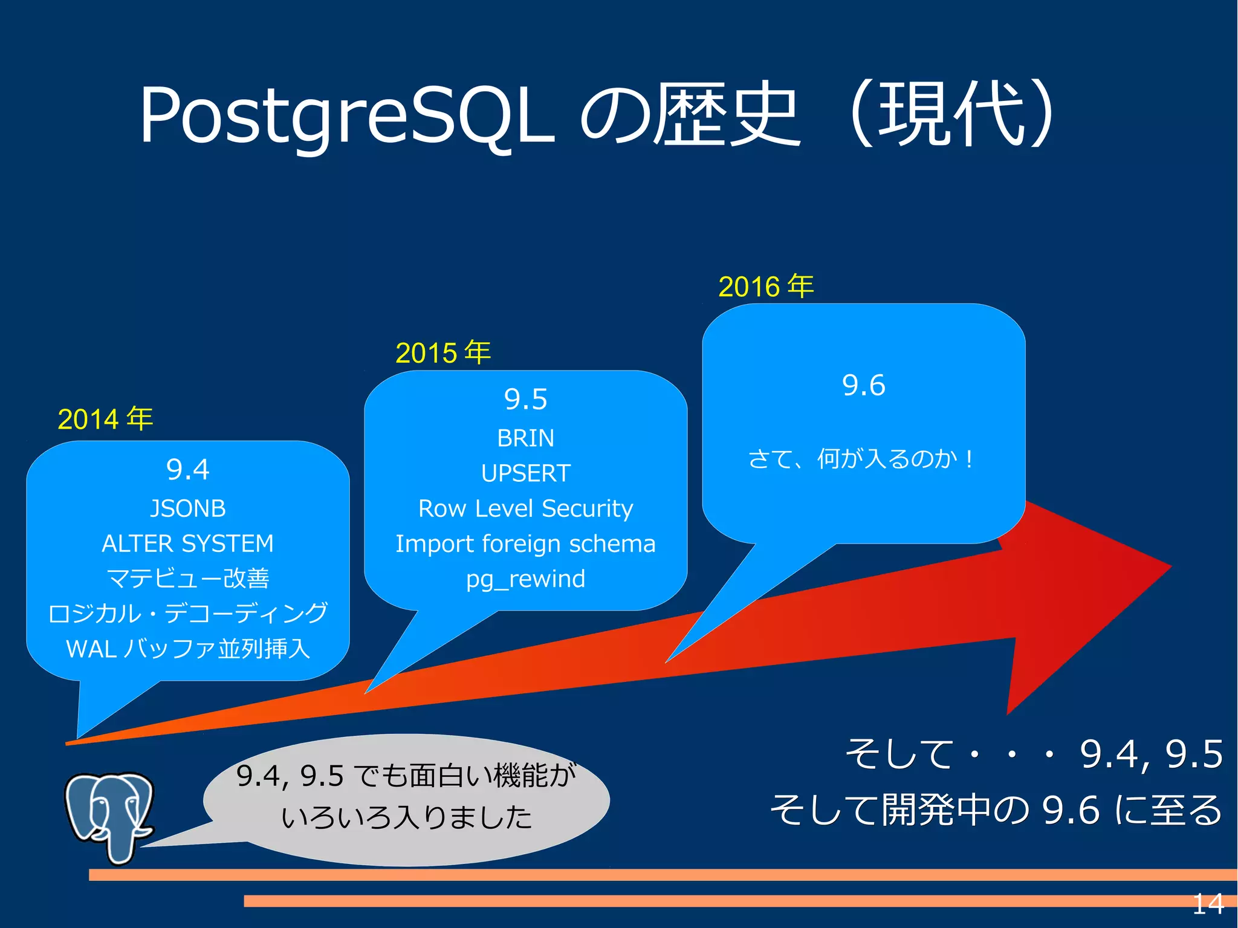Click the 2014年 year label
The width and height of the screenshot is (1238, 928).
point(105,419)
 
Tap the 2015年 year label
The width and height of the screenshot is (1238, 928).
point(442,352)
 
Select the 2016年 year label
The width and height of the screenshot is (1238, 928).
point(766,286)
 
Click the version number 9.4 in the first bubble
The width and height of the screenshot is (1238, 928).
point(187,470)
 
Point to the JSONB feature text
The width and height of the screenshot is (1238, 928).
point(187,508)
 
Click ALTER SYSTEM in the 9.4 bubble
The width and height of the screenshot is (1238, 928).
point(187,543)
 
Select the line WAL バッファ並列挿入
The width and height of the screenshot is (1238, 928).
point(187,649)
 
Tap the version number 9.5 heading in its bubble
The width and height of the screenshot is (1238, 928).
point(525,400)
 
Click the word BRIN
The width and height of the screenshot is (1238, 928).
point(525,438)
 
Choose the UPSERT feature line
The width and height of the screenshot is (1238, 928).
point(525,473)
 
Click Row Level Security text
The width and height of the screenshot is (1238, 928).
point(525,508)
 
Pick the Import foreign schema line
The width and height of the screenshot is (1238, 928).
point(525,543)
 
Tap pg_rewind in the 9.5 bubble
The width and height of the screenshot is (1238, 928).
point(525,579)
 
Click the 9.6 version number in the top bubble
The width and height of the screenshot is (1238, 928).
point(863,386)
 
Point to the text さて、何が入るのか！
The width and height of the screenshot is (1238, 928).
point(861,459)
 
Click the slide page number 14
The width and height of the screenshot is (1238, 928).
point(1207,904)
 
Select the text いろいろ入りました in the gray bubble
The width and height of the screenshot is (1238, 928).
point(406,817)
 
